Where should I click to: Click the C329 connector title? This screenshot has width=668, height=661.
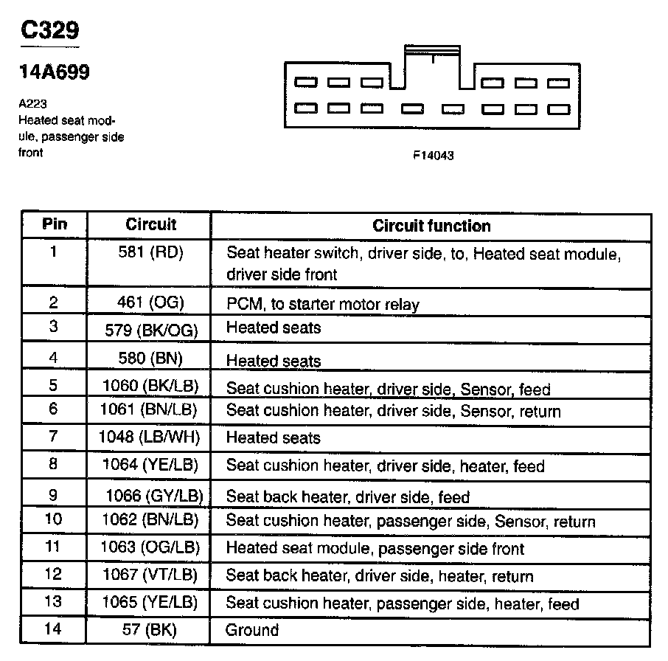point(49,30)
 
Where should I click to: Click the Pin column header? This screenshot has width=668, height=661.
point(54,224)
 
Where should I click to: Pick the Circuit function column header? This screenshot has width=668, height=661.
point(431,226)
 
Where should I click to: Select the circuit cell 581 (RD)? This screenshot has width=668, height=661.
point(150,252)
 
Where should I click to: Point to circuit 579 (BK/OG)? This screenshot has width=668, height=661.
point(153,330)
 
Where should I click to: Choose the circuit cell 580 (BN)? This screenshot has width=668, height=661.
point(150,359)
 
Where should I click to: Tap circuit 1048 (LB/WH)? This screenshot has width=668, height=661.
point(149,437)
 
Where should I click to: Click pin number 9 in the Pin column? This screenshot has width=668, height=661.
point(53,495)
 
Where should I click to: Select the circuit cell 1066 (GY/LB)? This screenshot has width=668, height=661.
point(154,495)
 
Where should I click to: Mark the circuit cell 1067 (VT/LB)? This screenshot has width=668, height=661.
point(150,575)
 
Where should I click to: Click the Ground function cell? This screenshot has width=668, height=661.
point(252,630)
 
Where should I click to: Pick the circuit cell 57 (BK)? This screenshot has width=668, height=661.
point(150,630)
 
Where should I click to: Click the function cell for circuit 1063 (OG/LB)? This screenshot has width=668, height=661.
point(375,549)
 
